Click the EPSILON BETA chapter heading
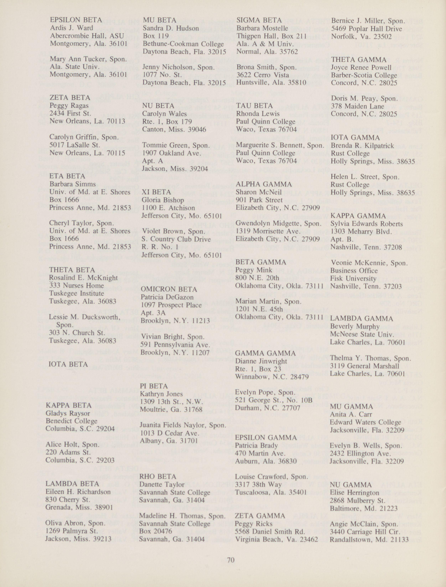click(76, 20)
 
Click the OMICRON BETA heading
click(169, 289)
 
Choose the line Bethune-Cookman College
click(183, 44)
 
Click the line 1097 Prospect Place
click(171, 305)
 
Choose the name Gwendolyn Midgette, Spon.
click(279, 223)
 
